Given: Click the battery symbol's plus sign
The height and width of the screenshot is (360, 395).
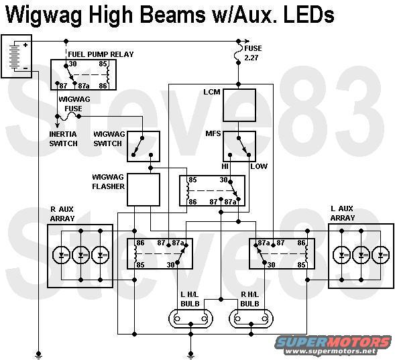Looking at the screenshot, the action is point(25,45).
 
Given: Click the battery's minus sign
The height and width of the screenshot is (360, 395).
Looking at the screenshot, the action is point(25,68).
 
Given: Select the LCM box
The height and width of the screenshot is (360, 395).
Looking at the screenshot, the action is point(239,105).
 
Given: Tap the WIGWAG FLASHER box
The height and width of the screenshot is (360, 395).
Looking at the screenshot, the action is point(144,190).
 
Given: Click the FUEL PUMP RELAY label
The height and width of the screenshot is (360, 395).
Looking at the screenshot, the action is point(101,54).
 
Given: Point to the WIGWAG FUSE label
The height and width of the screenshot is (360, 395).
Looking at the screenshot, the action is point(74,104).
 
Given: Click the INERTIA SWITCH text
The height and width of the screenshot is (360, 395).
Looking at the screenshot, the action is point(63,139).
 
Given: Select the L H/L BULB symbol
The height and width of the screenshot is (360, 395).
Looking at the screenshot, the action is point(190,318).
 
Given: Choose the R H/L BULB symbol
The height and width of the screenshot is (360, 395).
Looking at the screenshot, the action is point(251,318).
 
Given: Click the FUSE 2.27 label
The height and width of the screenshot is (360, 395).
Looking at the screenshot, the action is point(253,53).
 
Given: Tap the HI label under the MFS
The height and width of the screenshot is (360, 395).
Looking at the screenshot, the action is point(225,166).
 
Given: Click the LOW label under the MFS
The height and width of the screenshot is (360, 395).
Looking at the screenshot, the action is point(259,166).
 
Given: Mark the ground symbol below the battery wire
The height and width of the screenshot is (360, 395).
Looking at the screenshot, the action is point(38,355).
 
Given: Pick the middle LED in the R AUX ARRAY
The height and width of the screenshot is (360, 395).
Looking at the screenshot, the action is point(80,255).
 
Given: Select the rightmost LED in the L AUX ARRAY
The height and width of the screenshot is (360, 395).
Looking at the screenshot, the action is point(381,255).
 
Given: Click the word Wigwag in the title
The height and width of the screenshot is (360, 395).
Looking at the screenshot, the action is point(44,15).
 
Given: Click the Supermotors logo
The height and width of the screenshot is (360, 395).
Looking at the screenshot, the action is point(333,345).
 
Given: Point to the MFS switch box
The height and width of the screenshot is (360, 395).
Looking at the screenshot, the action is point(239,146).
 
